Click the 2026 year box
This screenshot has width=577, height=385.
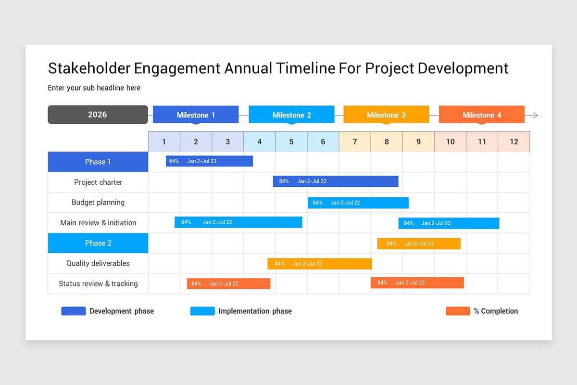tap(98, 115)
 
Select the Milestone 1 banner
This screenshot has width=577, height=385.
tap(196, 115)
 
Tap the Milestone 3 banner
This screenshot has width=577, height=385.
tap(386, 115)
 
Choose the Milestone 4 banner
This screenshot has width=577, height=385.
tap(482, 115)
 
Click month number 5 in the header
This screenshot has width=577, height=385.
tap(291, 141)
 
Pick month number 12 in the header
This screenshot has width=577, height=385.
tap(514, 141)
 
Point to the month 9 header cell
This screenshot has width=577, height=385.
tap(418, 141)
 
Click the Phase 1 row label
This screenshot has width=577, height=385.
tap(98, 162)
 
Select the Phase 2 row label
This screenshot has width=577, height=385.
tap(98, 243)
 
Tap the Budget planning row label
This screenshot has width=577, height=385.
tap(98, 202)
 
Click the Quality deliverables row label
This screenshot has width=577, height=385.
tap(98, 263)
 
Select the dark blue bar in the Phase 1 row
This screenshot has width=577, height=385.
tap(209, 161)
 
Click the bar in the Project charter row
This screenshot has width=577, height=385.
tap(336, 181)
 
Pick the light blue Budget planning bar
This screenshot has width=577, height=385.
tap(358, 203)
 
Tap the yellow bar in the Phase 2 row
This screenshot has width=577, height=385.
tap(419, 244)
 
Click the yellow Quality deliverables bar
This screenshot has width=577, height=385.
tap(320, 264)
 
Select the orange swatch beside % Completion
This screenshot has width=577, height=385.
tap(458, 311)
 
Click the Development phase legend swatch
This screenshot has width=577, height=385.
tap(74, 311)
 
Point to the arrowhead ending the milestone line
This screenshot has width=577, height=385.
tap(535, 115)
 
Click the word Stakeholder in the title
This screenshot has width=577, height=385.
tap(89, 68)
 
